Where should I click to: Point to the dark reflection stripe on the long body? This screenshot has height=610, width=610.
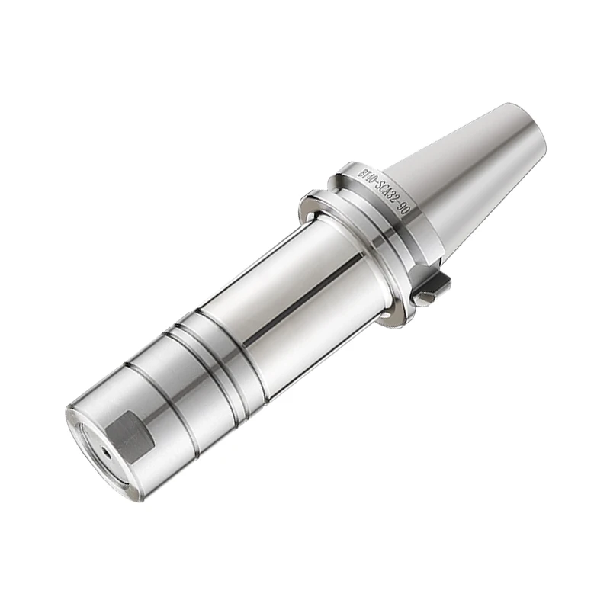305,297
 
